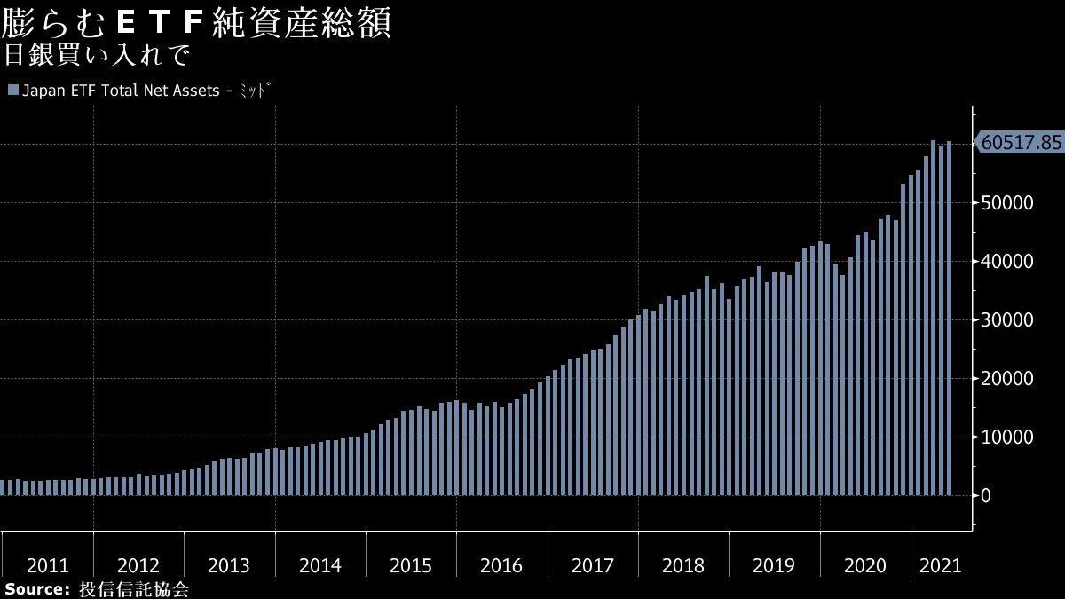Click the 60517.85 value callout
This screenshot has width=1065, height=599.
pos(1021,142)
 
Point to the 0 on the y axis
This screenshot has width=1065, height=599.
pos(986,495)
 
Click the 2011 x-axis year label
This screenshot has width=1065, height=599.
pos(48,565)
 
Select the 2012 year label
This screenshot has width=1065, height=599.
pos(138,565)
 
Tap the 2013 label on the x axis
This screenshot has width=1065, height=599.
pos(229,565)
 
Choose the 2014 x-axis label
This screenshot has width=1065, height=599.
pos(320,565)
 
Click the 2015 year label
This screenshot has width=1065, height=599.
pos(411,565)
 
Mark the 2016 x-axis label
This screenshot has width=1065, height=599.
pos(501,565)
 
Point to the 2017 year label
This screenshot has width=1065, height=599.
pos(593,565)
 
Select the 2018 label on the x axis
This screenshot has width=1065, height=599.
pos(683,565)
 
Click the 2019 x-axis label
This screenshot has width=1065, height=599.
pos(774,565)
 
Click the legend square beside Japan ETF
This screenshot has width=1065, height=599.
pos(12,91)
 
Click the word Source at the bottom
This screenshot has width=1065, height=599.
pos(35,589)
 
